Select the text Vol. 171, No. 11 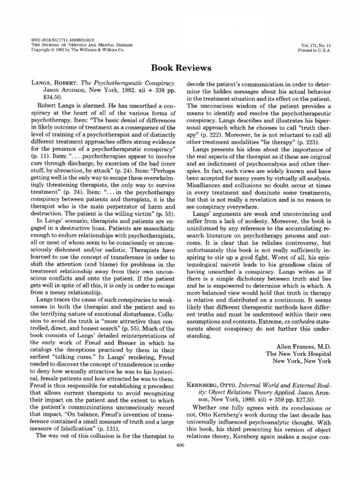tap(319, 46)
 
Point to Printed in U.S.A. tap(319, 51)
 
